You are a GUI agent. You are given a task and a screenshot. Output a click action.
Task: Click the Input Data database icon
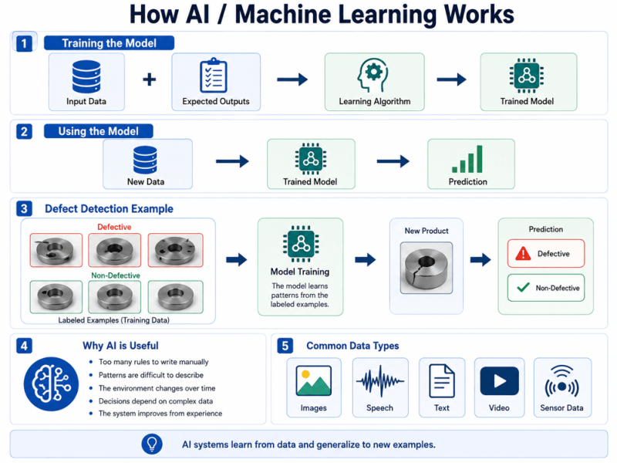(86, 76)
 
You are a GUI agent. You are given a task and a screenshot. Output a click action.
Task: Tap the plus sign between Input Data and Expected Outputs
(149, 79)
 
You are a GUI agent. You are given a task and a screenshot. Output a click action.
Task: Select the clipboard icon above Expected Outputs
(214, 75)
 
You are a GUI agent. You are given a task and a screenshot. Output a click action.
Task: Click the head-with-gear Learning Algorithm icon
(373, 75)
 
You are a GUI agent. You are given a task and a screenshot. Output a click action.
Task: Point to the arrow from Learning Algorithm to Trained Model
(451, 79)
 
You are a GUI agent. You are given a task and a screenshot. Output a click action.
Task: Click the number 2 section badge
(24, 131)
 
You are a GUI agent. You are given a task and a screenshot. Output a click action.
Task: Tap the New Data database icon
(145, 160)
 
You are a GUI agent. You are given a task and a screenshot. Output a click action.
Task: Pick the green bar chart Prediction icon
(467, 159)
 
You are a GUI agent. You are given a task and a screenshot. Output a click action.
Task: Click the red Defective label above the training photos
(114, 227)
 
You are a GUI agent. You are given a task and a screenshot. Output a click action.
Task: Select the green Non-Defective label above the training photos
(115, 275)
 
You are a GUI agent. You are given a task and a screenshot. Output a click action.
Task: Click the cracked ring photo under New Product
(427, 268)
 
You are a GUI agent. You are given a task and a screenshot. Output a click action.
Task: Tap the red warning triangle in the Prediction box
(523, 253)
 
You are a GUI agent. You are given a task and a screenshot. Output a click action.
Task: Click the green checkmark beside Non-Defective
(523, 288)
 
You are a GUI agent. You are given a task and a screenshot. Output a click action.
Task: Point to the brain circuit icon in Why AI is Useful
(51, 384)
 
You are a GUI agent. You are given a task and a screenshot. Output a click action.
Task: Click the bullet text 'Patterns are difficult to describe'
(151, 375)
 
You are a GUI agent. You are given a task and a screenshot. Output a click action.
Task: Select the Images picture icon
(314, 380)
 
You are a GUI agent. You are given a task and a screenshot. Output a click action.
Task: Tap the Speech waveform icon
(379, 380)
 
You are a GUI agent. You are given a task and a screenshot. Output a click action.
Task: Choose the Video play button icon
(499, 380)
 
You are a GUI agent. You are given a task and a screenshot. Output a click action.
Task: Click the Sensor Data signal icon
(562, 381)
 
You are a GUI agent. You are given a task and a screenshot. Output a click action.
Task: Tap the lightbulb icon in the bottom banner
(152, 444)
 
